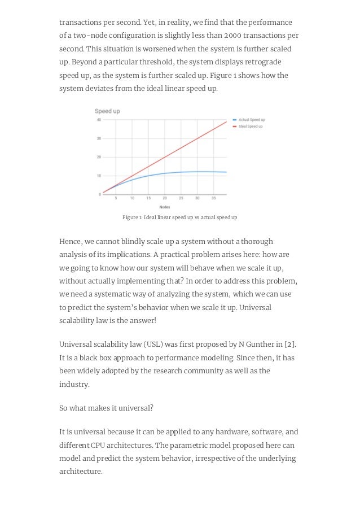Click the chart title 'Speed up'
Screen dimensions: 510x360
pyautogui.click(x=107, y=111)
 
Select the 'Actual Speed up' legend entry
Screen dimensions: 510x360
pyautogui.click(x=251, y=120)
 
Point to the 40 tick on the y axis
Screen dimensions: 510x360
pyautogui.click(x=99, y=120)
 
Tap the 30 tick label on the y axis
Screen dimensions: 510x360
pyautogui.click(x=99, y=138)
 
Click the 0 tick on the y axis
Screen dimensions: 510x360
pyautogui.click(x=100, y=194)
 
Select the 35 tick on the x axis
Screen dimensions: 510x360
pyautogui.click(x=213, y=199)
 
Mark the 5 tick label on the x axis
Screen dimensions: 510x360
pyautogui.click(x=116, y=199)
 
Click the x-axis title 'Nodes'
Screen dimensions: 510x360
pyautogui.click(x=165, y=207)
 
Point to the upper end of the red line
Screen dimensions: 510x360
pyautogui.click(x=227, y=121)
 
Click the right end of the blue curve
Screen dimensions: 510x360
pyautogui.click(x=227, y=172)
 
